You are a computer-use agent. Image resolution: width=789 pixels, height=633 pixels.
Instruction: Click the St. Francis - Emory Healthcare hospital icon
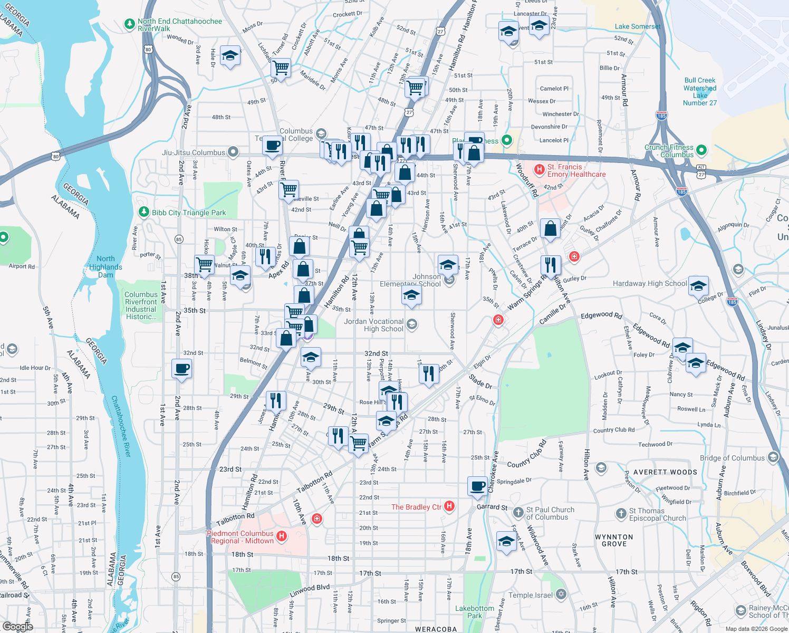point(539,170)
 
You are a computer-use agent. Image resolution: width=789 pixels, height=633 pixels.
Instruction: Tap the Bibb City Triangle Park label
point(189,213)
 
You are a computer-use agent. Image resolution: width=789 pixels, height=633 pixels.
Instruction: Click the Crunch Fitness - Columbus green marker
point(701,150)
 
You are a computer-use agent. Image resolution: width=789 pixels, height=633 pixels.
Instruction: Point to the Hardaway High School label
point(650,283)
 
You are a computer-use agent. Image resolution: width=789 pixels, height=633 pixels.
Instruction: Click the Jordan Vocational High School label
point(373,325)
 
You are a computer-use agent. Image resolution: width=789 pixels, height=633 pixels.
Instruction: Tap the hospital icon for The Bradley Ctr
point(449,506)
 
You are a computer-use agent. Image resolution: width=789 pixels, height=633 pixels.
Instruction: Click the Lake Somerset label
point(637,26)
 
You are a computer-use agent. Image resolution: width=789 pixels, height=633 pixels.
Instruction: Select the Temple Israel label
point(531,595)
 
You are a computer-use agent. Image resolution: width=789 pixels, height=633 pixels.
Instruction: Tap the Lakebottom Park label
point(475,612)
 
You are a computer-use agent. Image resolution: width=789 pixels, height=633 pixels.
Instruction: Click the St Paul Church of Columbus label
point(550,513)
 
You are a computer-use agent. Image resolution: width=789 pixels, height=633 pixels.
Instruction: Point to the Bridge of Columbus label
point(732,458)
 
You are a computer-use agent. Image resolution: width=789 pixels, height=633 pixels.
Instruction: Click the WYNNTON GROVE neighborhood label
point(614,540)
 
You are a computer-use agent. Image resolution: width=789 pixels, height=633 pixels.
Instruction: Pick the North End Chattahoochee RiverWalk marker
point(129,24)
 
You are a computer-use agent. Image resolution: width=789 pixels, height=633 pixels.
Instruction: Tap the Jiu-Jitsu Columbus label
point(194,152)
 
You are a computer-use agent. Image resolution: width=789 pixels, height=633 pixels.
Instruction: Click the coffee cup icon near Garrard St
point(477,486)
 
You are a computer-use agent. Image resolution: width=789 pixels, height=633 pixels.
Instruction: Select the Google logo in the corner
point(17,626)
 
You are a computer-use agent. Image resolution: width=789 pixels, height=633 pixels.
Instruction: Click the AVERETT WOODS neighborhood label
point(665,472)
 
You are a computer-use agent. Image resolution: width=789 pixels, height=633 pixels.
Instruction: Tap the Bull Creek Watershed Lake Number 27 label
point(700,92)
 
